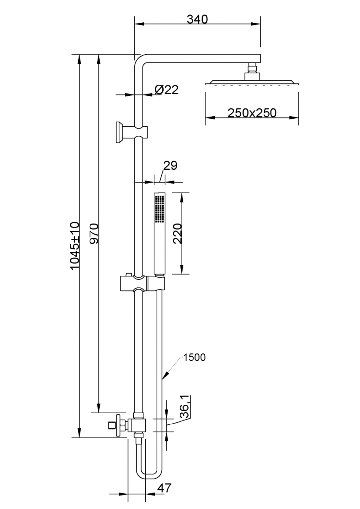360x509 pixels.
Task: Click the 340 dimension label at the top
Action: [x=197, y=19]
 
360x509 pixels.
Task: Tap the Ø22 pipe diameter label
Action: [x=167, y=89]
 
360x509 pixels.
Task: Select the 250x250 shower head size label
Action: [x=252, y=113]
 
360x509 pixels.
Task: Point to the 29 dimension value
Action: [x=170, y=165]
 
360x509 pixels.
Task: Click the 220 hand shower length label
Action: [x=178, y=234]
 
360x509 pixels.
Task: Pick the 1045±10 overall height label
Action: [x=75, y=246]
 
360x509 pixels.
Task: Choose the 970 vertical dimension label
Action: [x=94, y=233]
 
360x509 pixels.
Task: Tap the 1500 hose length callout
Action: [x=194, y=357]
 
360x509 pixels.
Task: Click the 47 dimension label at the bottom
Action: [x=164, y=488]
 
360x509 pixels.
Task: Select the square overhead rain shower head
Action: [x=252, y=83]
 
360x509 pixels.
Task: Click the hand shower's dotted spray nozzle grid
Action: [x=159, y=208]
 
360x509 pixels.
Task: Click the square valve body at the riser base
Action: [x=139, y=425]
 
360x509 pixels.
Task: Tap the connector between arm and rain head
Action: [x=252, y=71]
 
